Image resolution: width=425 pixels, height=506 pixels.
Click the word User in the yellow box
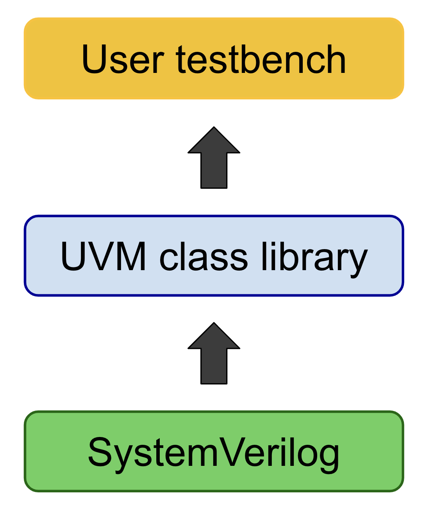pyautogui.click(x=122, y=59)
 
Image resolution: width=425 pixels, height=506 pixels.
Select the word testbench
pyautogui.click(x=261, y=59)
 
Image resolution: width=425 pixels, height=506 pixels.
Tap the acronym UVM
pyautogui.click(x=104, y=256)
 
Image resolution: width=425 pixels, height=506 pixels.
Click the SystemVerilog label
pyautogui.click(x=214, y=452)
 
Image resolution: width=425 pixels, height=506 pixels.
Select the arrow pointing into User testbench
pyautogui.click(x=214, y=160)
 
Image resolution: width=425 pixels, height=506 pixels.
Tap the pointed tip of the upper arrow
pyautogui.click(x=214, y=128)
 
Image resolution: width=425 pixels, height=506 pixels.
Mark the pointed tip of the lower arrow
pyautogui.click(x=214, y=324)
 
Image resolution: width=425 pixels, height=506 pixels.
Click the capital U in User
pyautogui.click(x=94, y=59)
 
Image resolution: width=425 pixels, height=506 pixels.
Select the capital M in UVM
pyautogui.click(x=131, y=256)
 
